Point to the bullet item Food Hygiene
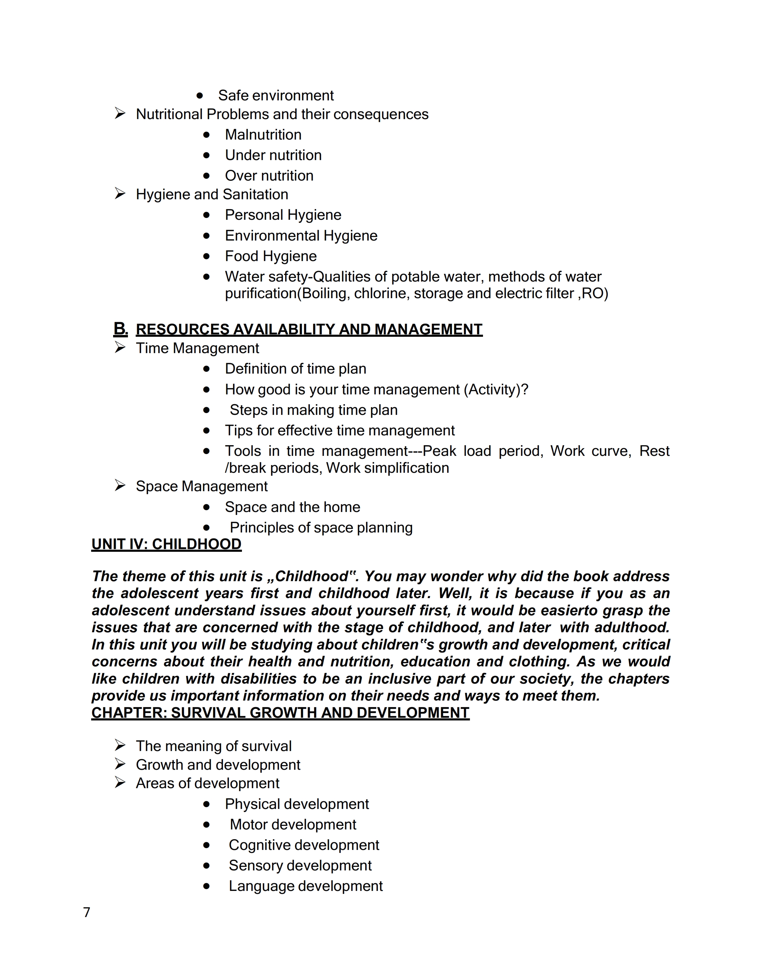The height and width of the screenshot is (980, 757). point(270,256)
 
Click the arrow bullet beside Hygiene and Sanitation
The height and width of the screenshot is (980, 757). point(120,194)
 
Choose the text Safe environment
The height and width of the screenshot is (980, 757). point(276,96)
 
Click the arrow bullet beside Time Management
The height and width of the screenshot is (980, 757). point(120,348)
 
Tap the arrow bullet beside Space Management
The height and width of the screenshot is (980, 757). point(120,486)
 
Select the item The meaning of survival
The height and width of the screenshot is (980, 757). point(213,746)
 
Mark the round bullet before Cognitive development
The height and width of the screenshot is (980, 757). point(206,845)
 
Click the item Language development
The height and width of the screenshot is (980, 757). point(305,886)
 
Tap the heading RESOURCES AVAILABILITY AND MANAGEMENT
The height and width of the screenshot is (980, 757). point(309,329)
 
